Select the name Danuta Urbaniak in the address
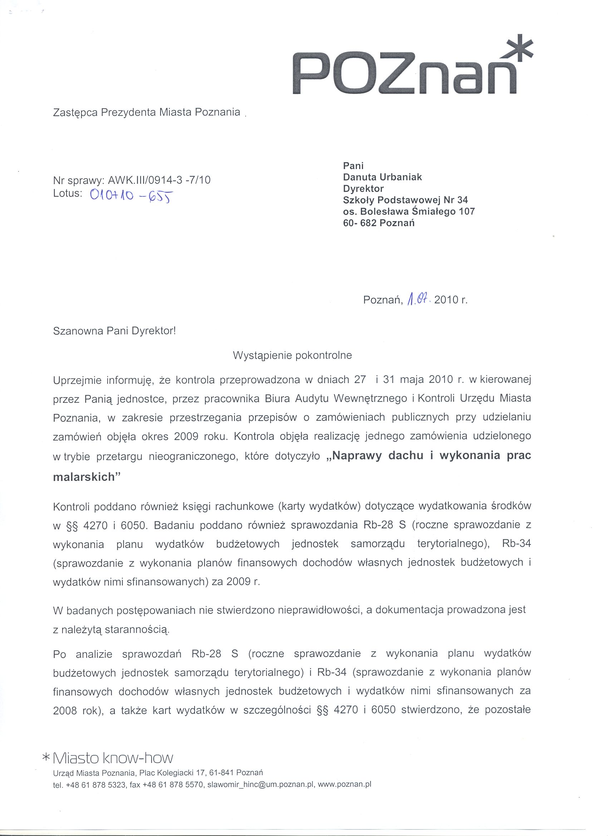[x=382, y=177]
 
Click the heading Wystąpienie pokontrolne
[x=292, y=355]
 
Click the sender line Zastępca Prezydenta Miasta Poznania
[x=147, y=112]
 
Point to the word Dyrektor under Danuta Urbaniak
[x=363, y=188]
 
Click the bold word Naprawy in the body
[x=358, y=456]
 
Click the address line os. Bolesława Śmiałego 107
[x=409, y=211]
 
